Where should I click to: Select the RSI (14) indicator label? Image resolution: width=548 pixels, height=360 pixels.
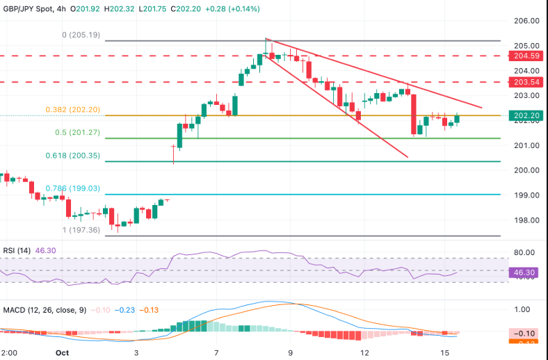17,250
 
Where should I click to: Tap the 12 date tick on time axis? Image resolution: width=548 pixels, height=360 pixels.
364,352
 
